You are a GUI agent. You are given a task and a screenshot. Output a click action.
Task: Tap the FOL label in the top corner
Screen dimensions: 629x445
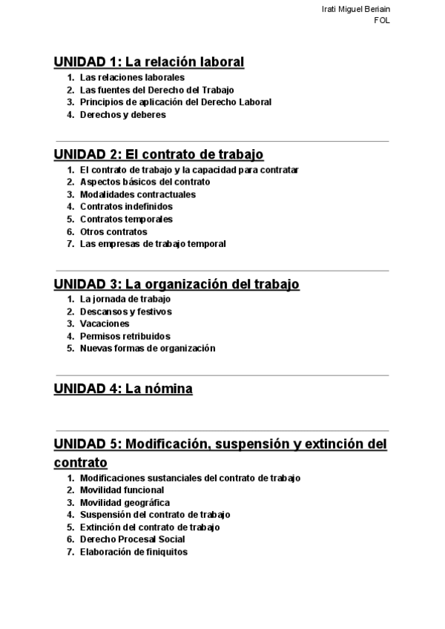[x=382, y=21]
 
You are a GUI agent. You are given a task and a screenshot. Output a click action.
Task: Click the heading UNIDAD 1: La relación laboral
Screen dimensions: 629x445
[x=149, y=62]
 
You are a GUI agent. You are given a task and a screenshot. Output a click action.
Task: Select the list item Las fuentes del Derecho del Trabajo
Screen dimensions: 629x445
[x=156, y=90]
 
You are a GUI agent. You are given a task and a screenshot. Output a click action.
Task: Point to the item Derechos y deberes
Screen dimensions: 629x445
[x=122, y=115]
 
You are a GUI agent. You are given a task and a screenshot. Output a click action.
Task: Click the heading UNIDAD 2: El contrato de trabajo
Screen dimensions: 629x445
[x=159, y=154]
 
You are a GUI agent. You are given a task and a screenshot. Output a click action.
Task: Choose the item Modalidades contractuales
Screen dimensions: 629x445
[x=137, y=194]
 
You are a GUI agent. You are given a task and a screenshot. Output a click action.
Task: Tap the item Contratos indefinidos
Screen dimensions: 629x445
[x=126, y=207]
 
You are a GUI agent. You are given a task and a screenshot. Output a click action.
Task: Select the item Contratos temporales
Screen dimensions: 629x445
[x=126, y=220]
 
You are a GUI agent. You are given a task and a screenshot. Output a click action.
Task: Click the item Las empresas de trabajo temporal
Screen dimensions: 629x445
[x=153, y=244]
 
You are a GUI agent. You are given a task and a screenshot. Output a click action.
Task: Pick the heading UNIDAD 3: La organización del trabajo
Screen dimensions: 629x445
[x=177, y=284]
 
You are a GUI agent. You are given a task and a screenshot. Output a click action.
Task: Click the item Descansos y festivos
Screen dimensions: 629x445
[x=125, y=312]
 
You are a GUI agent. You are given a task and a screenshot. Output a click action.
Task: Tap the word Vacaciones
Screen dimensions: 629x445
[x=105, y=324]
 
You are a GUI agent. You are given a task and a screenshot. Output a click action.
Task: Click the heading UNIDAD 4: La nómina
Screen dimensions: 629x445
[x=123, y=389]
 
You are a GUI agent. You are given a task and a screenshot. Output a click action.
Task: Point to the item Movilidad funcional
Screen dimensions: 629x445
[x=122, y=490]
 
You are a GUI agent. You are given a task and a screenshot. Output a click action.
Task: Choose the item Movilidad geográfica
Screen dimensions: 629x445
[x=125, y=503]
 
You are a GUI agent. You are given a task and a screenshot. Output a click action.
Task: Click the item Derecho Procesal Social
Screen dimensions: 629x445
[x=132, y=540]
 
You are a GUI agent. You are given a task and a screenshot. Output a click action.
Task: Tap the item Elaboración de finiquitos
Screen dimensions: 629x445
[x=133, y=553]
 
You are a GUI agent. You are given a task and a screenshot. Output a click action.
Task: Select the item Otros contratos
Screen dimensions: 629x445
[x=113, y=232]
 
